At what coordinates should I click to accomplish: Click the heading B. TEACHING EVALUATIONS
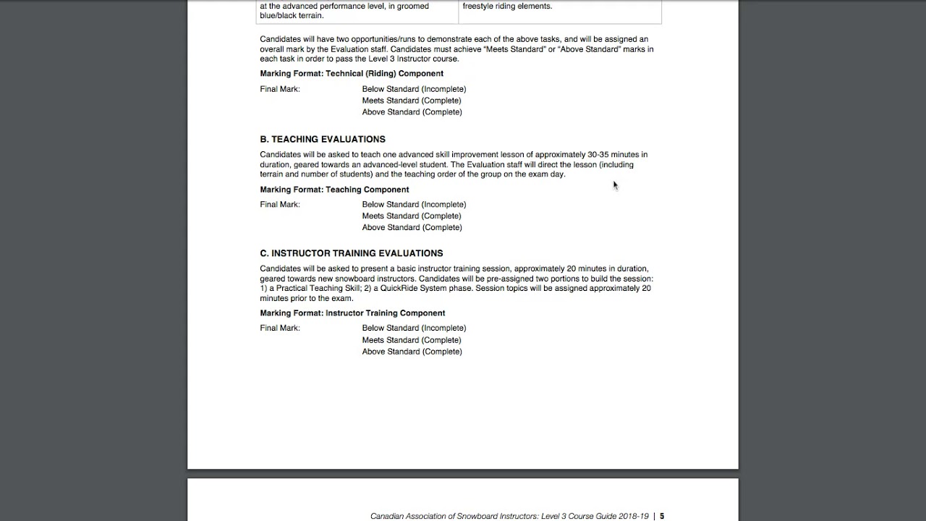click(x=323, y=139)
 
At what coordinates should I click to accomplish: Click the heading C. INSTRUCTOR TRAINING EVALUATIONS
click(x=352, y=253)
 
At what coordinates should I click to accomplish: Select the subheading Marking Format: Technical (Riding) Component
click(x=352, y=74)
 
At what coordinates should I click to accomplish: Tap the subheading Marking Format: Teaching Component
click(x=334, y=190)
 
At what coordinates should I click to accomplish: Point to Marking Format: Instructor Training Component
click(x=352, y=313)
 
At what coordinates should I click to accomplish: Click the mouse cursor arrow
click(x=615, y=185)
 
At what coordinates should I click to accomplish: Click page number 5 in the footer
click(x=661, y=516)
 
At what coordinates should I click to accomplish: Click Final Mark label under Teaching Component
click(x=280, y=205)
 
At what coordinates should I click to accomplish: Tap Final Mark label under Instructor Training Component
click(x=280, y=329)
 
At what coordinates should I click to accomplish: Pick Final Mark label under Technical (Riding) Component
click(x=280, y=89)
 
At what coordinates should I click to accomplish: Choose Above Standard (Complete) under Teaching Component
click(x=412, y=227)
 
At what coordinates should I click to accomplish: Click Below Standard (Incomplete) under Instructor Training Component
click(x=414, y=329)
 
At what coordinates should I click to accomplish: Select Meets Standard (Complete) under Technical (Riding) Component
click(x=412, y=101)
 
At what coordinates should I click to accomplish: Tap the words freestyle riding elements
click(x=507, y=7)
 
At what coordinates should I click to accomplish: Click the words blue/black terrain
click(x=292, y=16)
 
